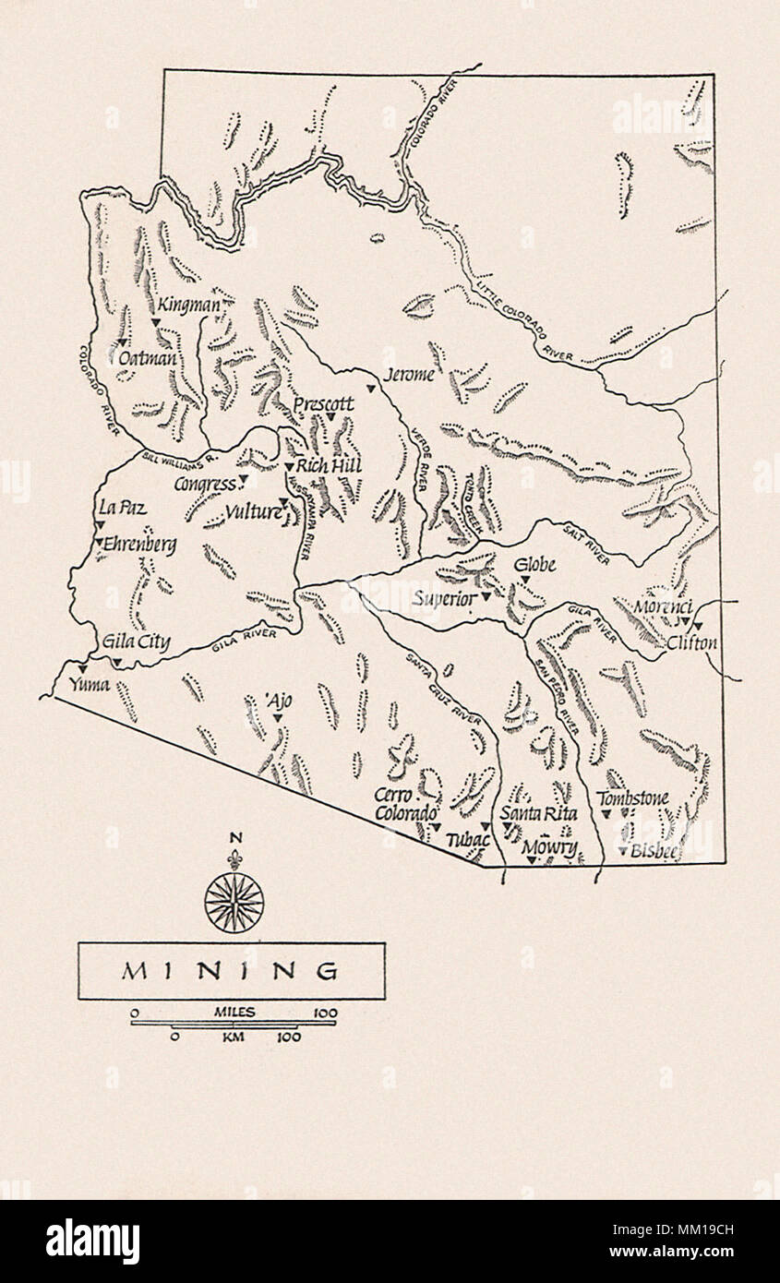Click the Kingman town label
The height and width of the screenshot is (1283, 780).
189,305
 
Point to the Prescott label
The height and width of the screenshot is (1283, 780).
323,404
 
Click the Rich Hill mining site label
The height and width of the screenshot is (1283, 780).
329,466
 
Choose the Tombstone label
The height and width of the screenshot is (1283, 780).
632,797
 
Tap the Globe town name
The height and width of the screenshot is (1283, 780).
534,564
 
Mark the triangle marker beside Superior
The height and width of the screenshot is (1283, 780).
486,597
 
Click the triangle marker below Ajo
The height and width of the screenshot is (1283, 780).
276,718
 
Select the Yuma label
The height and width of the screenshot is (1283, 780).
89,685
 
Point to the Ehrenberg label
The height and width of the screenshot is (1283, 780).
140,545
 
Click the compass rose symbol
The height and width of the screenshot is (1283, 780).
234,901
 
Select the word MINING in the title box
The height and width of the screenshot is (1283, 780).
231,971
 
